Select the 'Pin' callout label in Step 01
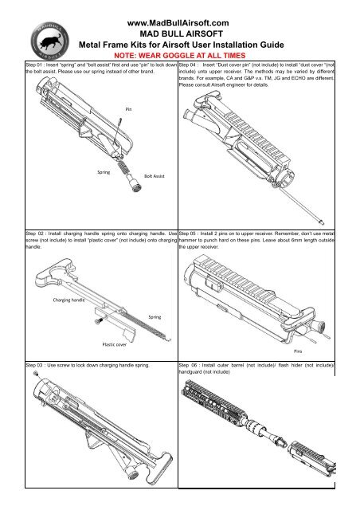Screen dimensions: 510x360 127,109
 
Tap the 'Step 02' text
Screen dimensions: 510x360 36,232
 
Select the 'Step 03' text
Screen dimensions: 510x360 36,363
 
